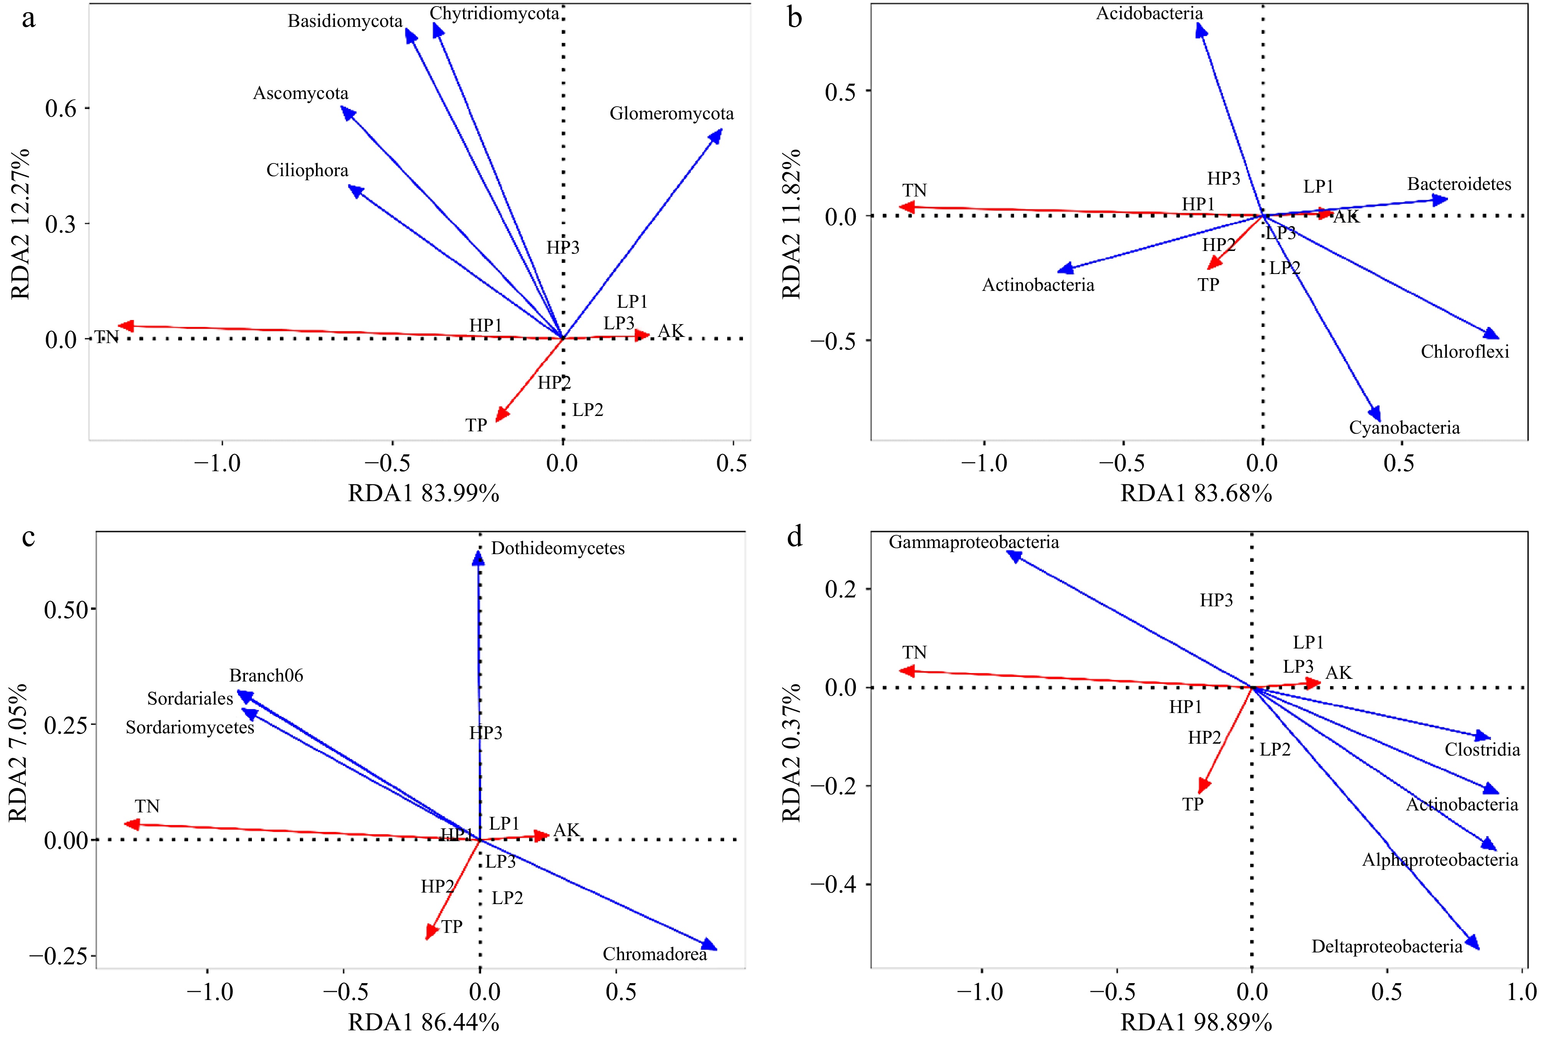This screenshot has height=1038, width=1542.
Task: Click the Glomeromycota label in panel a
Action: click(671, 114)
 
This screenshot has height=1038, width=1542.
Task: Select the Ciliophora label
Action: click(307, 171)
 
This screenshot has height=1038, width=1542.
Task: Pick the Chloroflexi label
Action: click(1464, 352)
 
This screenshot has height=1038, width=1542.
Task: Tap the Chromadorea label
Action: click(654, 954)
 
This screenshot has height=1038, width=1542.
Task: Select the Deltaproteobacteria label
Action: click(1387, 947)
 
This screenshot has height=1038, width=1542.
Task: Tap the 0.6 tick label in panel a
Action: click(61, 109)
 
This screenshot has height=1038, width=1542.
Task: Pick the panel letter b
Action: click(795, 18)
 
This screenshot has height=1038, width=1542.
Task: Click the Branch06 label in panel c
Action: click(266, 676)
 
